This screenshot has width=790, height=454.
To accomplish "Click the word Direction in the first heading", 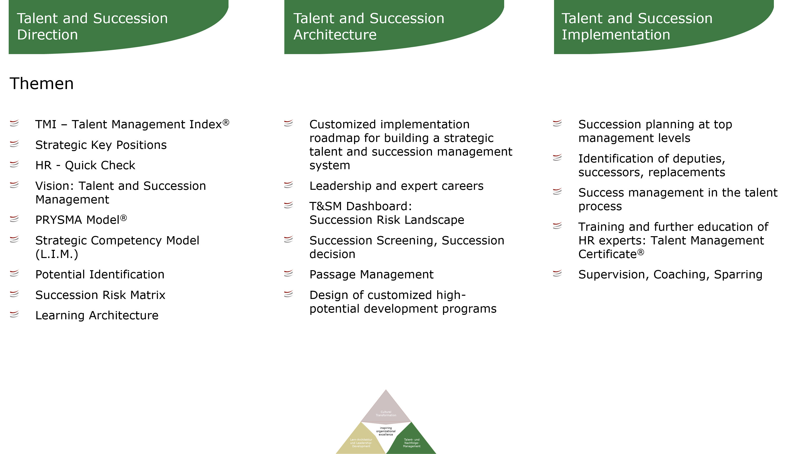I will click(x=47, y=35).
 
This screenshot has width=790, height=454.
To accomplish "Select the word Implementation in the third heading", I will click(x=616, y=35).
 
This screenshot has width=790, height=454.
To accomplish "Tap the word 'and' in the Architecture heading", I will click(x=351, y=18).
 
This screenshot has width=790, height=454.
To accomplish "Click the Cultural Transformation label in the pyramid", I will click(x=386, y=414).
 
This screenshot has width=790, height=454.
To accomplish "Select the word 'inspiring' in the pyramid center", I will click(x=386, y=428).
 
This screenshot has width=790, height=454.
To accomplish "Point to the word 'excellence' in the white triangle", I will click(x=386, y=434).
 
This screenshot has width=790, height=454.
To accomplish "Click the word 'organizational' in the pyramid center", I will click(x=386, y=431).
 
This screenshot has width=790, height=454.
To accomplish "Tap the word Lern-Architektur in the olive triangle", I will click(x=361, y=440).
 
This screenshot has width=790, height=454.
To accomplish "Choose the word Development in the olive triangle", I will click(x=361, y=446).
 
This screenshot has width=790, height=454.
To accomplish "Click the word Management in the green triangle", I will click(x=412, y=446).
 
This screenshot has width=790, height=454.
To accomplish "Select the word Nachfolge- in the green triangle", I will click(x=412, y=443).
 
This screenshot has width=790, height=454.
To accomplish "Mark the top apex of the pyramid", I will click(x=386, y=390).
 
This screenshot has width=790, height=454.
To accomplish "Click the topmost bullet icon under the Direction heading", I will click(x=14, y=123).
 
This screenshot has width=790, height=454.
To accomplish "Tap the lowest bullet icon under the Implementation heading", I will click(x=558, y=273).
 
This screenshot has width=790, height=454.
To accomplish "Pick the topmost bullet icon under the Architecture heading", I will click(x=288, y=123).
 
